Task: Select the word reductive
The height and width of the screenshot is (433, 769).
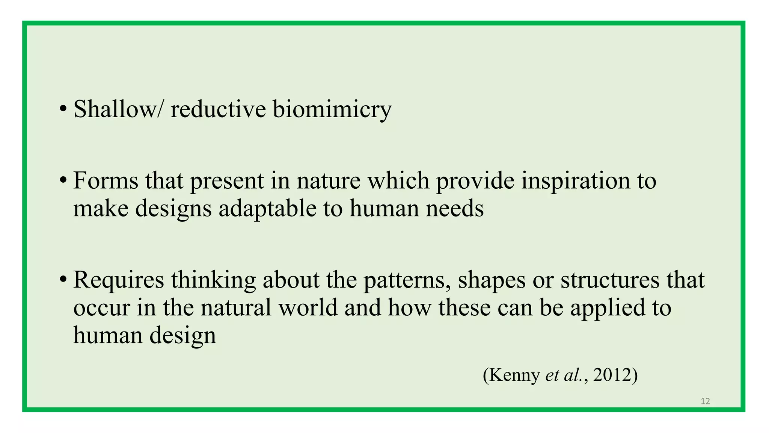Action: [x=218, y=109]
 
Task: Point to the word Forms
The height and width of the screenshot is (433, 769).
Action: [x=106, y=181]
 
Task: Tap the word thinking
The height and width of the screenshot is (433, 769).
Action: [x=213, y=280]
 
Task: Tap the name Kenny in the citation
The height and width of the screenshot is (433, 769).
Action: [x=514, y=375]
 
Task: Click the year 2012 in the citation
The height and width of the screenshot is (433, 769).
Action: [x=612, y=375]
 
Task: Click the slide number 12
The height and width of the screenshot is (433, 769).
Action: [x=705, y=401]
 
